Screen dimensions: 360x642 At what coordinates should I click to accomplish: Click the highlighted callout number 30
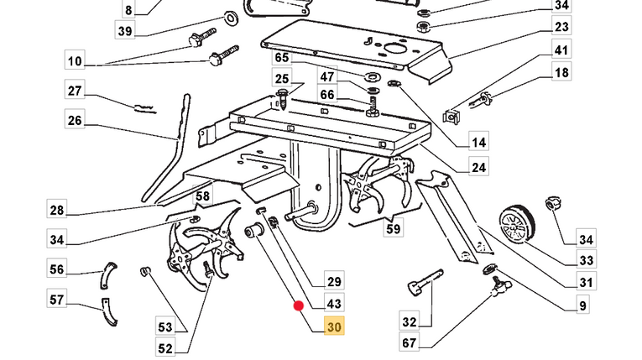point(334,327)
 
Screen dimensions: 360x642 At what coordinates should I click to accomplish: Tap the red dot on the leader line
point(298,305)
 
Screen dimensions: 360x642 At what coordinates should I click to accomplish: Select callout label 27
point(75,91)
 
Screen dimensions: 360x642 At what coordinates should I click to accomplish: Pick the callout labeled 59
point(394,227)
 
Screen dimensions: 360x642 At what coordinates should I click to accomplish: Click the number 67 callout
point(410,342)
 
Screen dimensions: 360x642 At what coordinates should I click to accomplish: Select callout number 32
point(410,321)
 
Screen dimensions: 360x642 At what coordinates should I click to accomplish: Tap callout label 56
point(57,269)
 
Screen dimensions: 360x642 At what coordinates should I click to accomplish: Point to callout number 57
point(57,299)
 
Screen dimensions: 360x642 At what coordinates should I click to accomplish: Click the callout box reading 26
point(75,121)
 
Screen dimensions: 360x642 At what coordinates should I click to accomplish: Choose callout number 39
point(125,32)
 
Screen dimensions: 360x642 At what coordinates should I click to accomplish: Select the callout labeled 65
point(281,58)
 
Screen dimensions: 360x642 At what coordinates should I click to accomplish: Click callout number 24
point(478,167)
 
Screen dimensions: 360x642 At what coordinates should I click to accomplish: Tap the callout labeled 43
point(334,303)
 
